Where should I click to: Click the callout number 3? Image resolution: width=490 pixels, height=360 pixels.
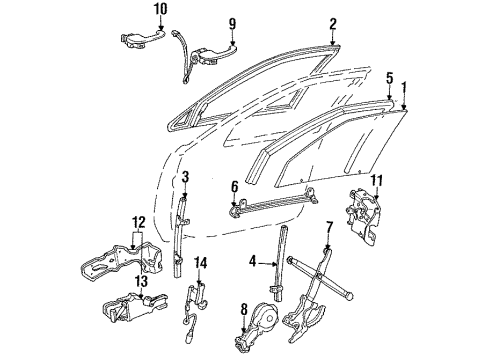click(186, 178)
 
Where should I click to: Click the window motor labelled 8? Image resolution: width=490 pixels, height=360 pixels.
click(265, 318)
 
